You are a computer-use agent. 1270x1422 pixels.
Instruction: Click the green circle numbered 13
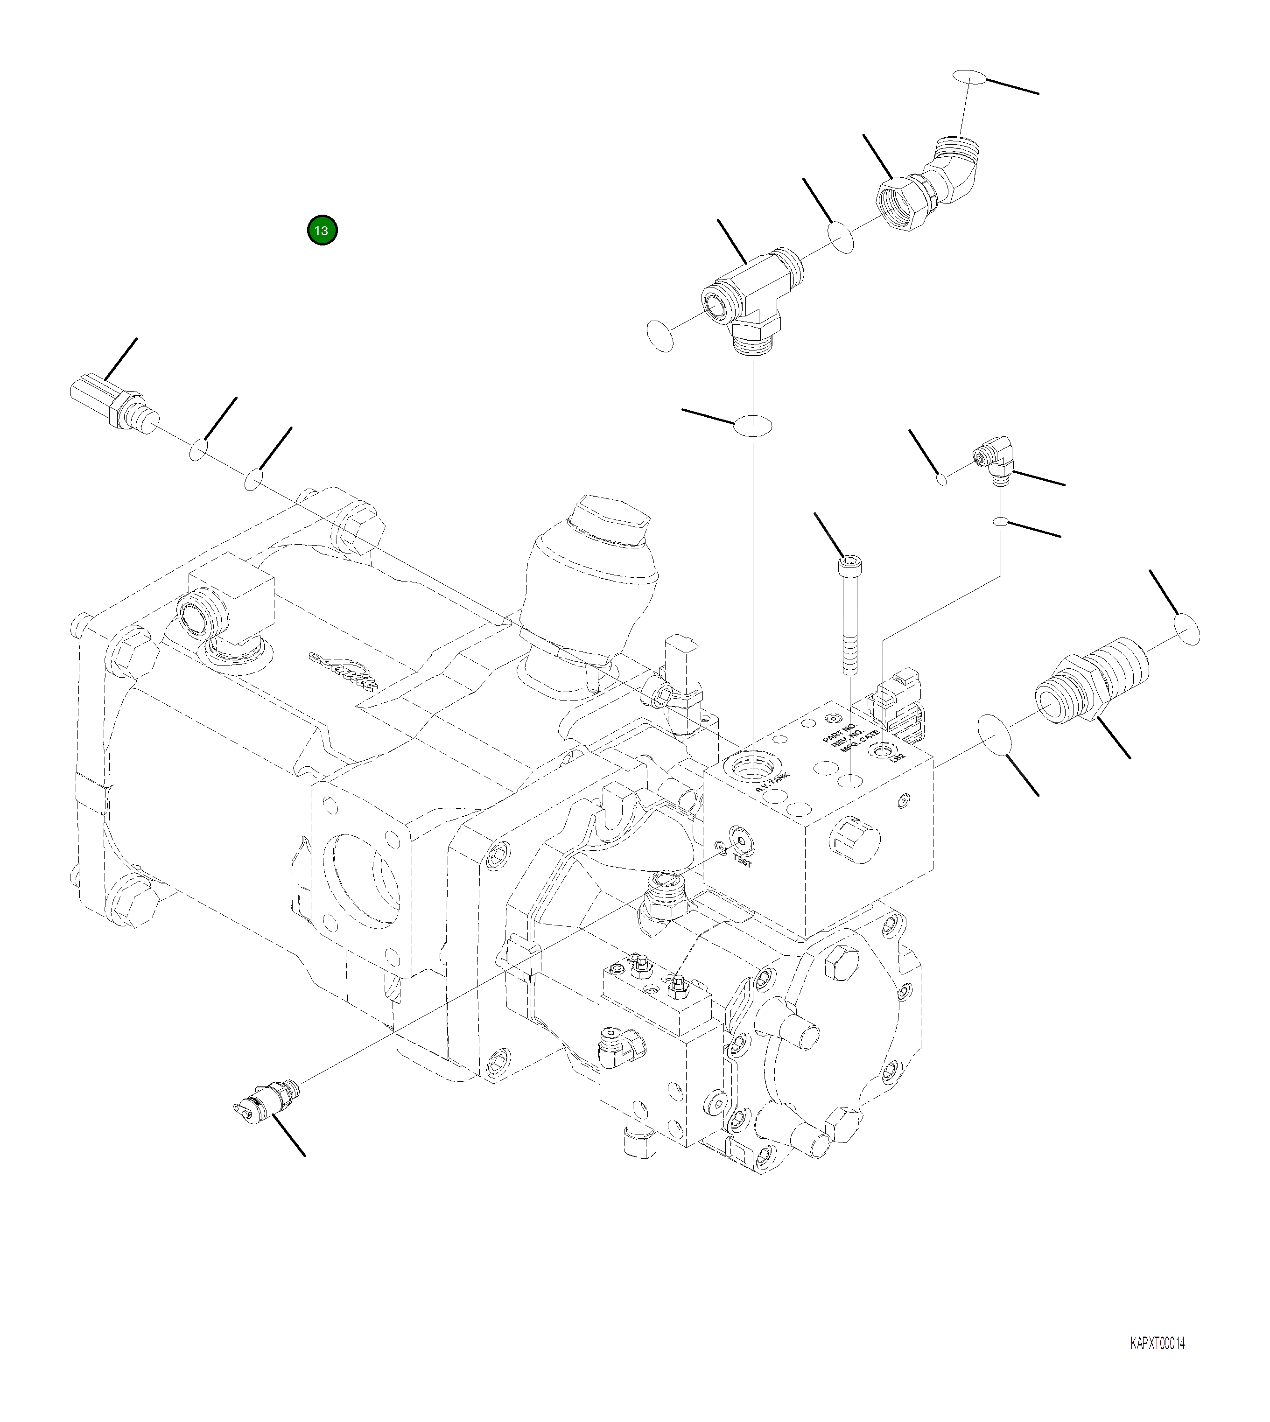[322, 230]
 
